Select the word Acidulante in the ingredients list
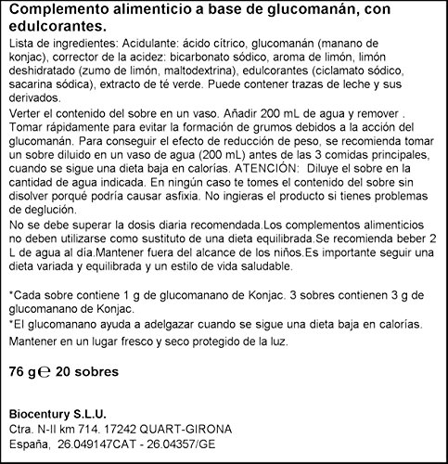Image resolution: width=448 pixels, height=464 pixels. pos(155,45)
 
